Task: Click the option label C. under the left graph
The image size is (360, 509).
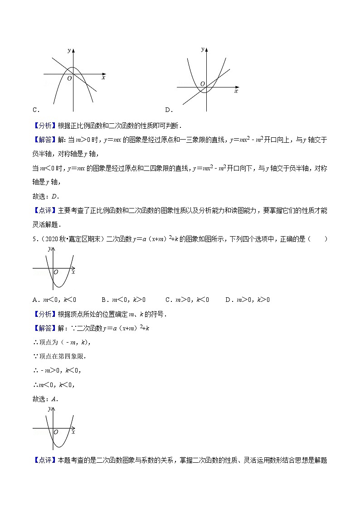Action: click(x=36, y=110)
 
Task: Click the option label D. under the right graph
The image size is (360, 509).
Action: click(x=168, y=110)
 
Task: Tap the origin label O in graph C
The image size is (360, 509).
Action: click(x=69, y=78)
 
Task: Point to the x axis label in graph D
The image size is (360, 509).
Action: click(x=236, y=91)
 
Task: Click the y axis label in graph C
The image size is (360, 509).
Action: click(x=69, y=51)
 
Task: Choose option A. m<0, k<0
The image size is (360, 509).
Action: click(x=54, y=299)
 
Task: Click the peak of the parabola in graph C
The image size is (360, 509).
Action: click(x=73, y=68)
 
